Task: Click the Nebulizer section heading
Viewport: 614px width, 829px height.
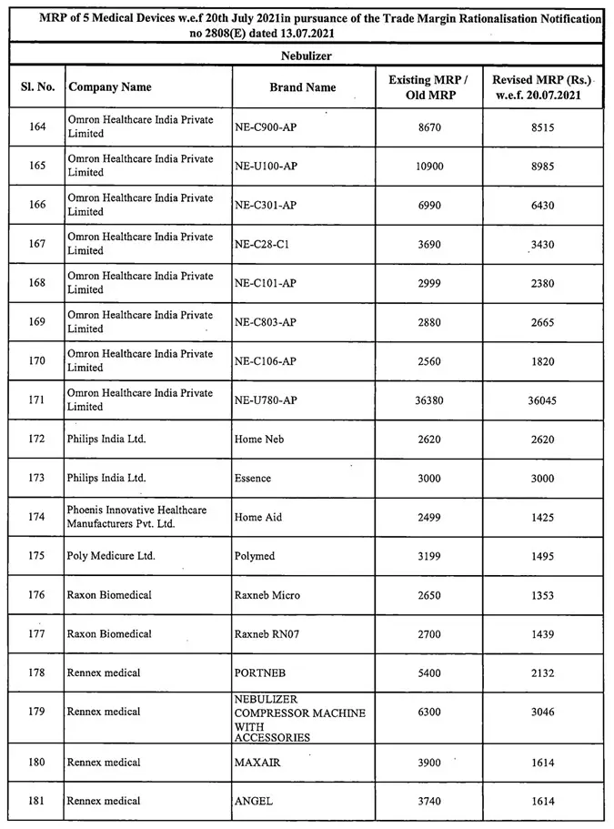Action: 306,56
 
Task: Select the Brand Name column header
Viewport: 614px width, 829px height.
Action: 303,87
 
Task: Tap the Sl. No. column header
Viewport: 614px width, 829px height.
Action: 37,87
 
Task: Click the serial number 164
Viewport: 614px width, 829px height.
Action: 37,127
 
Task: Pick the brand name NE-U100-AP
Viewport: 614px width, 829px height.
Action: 266,167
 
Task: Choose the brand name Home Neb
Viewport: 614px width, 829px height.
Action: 259,439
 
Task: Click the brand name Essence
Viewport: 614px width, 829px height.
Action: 253,478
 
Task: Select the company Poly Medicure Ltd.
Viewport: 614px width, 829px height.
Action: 106,555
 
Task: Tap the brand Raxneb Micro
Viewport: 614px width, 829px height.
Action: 267,595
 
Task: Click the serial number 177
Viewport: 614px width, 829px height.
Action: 37,633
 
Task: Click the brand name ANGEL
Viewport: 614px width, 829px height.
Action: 254,801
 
